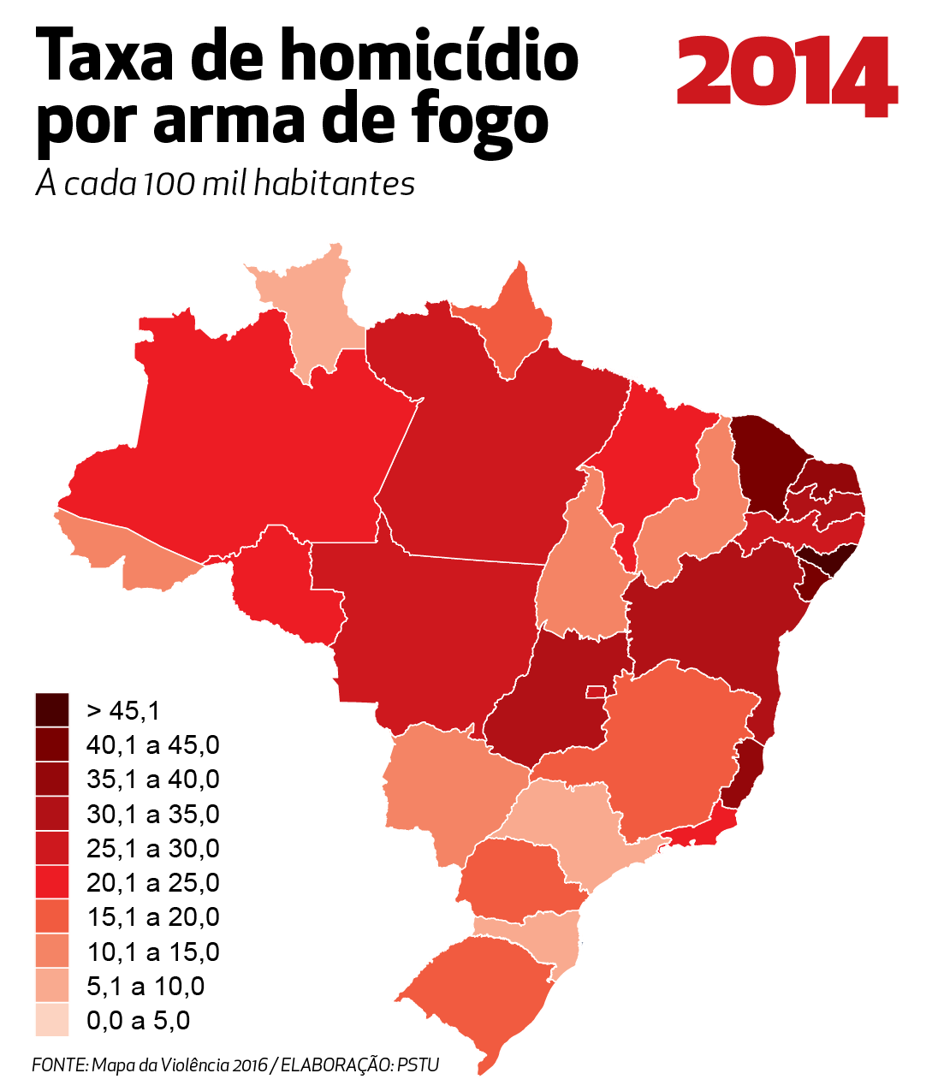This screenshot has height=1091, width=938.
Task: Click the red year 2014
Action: click(786, 74)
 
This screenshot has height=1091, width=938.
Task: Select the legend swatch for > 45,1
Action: click(52, 709)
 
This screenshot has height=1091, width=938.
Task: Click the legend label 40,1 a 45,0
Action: click(152, 745)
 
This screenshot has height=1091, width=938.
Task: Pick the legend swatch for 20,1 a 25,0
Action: click(52, 882)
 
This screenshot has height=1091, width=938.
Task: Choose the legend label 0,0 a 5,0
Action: click(138, 1020)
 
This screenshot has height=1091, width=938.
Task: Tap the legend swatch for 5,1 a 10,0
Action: click(52, 986)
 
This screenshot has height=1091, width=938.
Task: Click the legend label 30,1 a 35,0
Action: click(152, 814)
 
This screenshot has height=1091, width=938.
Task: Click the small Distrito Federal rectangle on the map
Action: click(595, 691)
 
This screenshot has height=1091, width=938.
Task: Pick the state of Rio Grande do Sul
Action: click(479, 993)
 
